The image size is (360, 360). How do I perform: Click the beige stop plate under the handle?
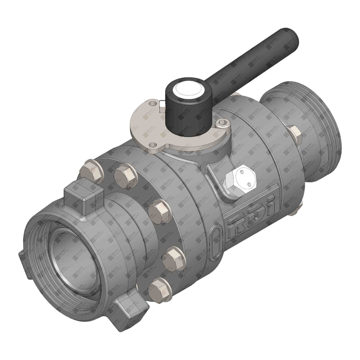tap(154, 125)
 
